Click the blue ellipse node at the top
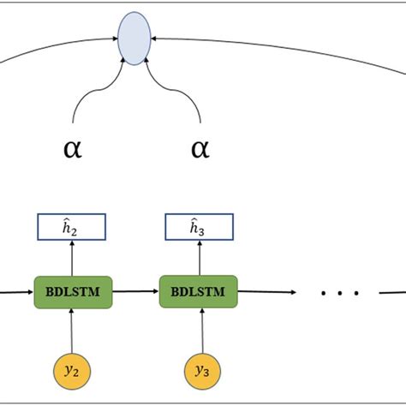134,38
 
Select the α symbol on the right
199,149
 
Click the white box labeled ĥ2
72,227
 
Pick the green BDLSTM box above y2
72,291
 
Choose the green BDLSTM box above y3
199,291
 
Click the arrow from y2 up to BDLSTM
72,330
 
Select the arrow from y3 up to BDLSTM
199,330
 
